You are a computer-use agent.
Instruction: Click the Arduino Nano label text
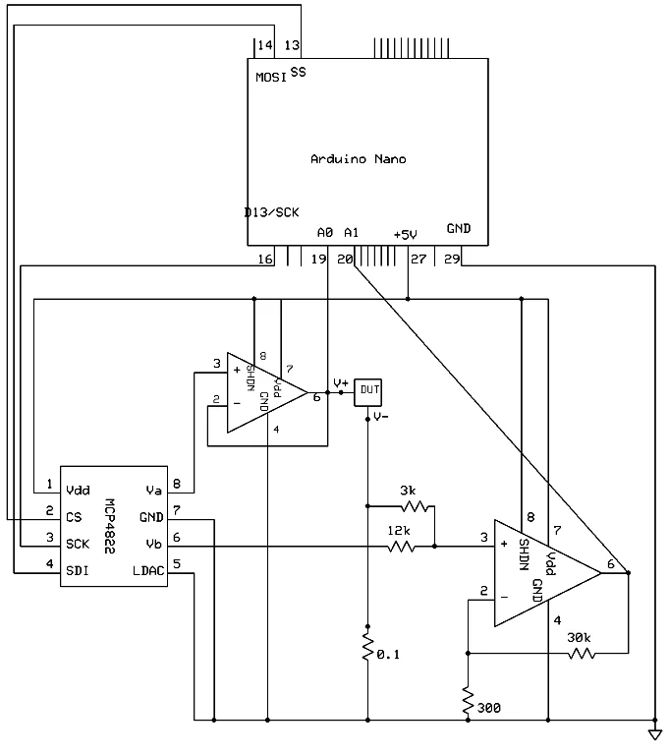358,159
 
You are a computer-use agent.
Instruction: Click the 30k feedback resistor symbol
580,652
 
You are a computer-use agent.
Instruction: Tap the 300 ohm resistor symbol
468,699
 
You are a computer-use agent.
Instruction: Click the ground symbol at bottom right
655,733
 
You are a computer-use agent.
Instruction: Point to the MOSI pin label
270,77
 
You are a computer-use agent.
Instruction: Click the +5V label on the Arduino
405,234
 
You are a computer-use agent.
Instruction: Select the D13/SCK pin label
272,212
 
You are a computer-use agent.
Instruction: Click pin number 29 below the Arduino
452,260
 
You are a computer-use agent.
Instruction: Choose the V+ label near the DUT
340,382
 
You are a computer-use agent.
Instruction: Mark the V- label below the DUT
381,417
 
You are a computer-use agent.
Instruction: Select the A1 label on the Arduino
351,232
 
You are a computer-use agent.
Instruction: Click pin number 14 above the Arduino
264,46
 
